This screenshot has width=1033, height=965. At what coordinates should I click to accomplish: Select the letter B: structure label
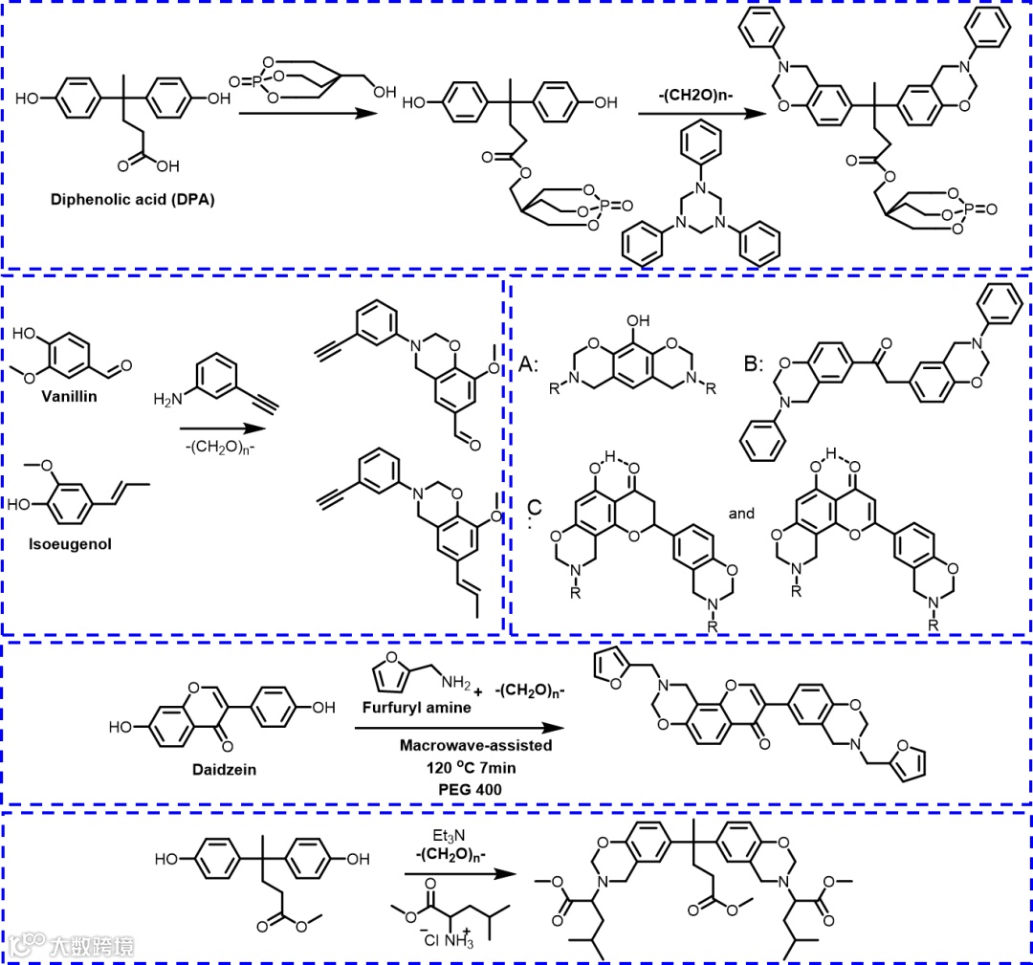tap(756, 363)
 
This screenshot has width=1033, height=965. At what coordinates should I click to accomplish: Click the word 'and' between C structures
tap(742, 514)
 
